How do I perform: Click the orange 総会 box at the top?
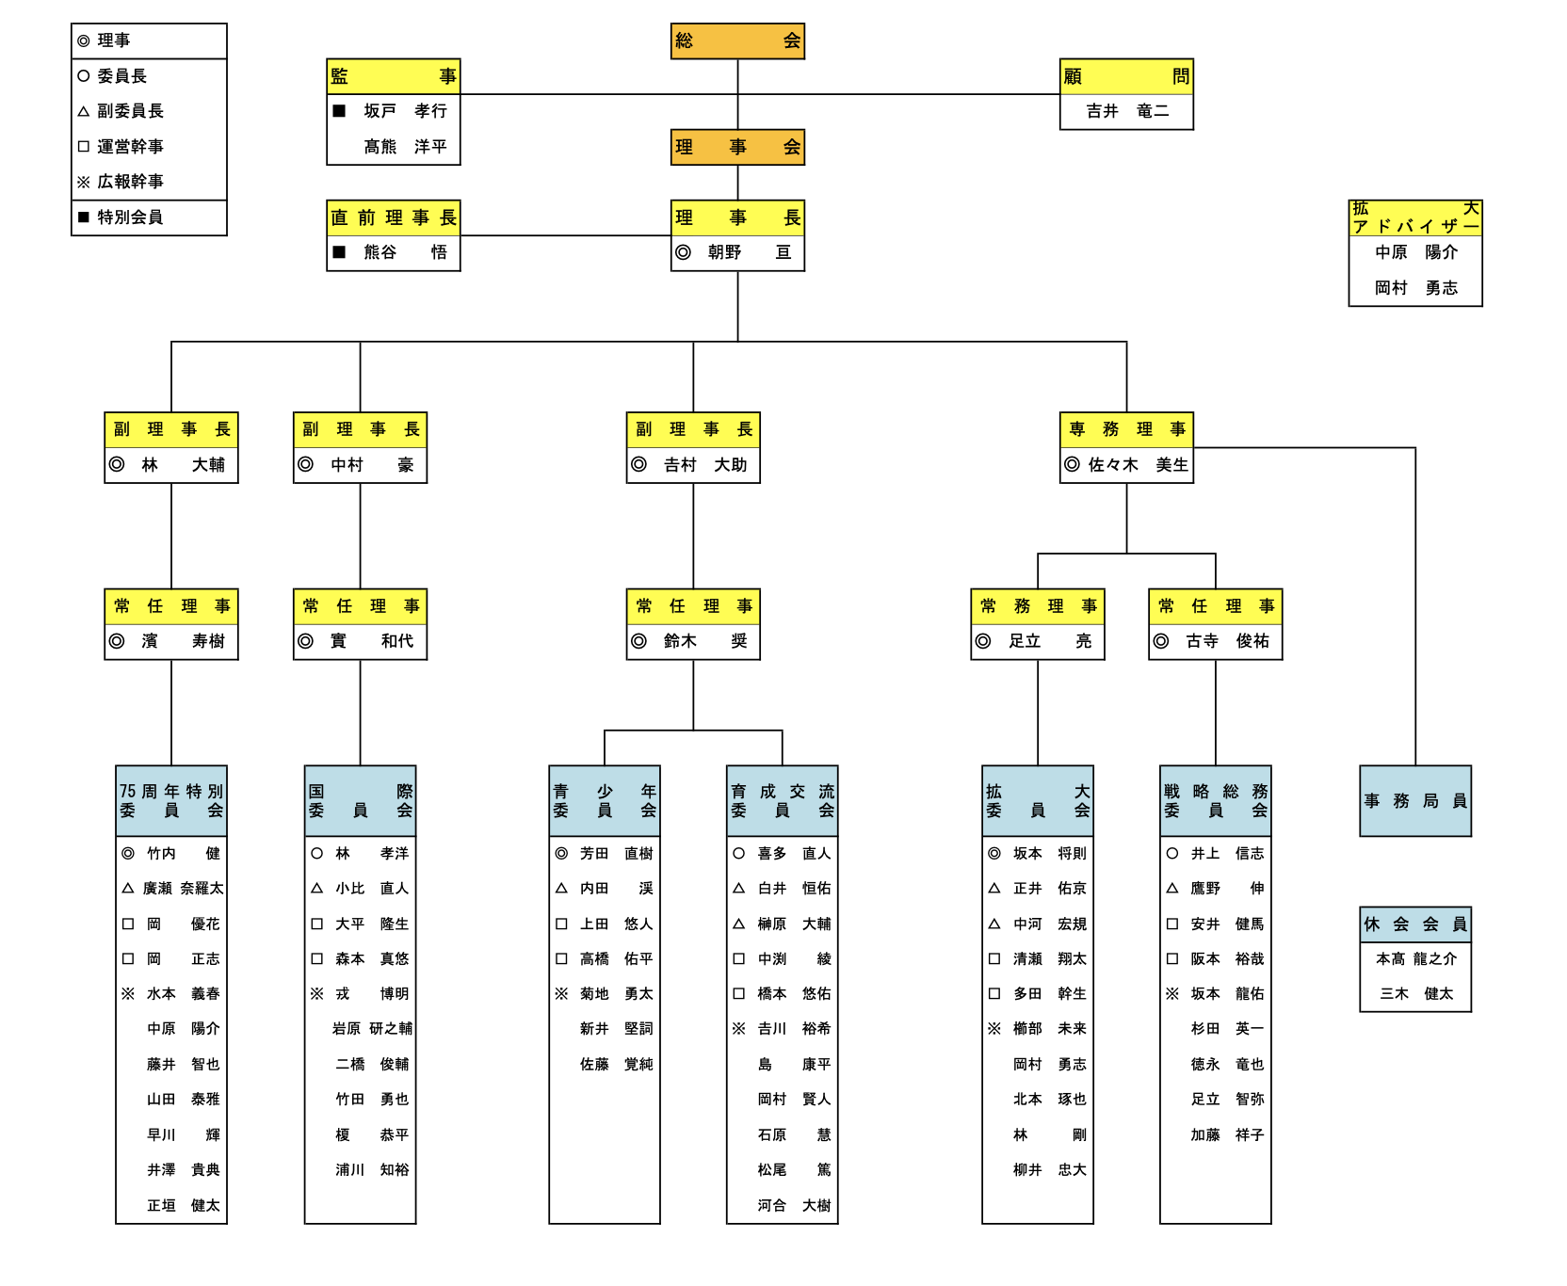(737, 41)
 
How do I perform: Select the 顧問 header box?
(1126, 76)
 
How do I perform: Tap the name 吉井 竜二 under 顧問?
(1126, 111)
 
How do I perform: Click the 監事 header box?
(393, 76)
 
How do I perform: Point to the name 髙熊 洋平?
(405, 147)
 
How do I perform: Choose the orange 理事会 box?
(737, 147)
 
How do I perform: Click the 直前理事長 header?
(393, 217)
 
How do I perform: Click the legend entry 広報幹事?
(130, 182)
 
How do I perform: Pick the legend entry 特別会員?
(130, 217)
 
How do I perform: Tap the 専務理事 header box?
(1126, 429)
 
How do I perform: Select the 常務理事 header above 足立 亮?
(1037, 606)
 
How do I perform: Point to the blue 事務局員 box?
(1414, 801)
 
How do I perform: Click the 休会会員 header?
(1414, 924)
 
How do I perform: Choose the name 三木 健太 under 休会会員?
(1415, 994)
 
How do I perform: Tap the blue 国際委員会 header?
(360, 801)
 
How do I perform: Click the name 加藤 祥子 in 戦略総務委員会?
(1226, 1135)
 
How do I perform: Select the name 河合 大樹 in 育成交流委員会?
(794, 1206)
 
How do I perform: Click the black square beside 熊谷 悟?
(339, 252)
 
